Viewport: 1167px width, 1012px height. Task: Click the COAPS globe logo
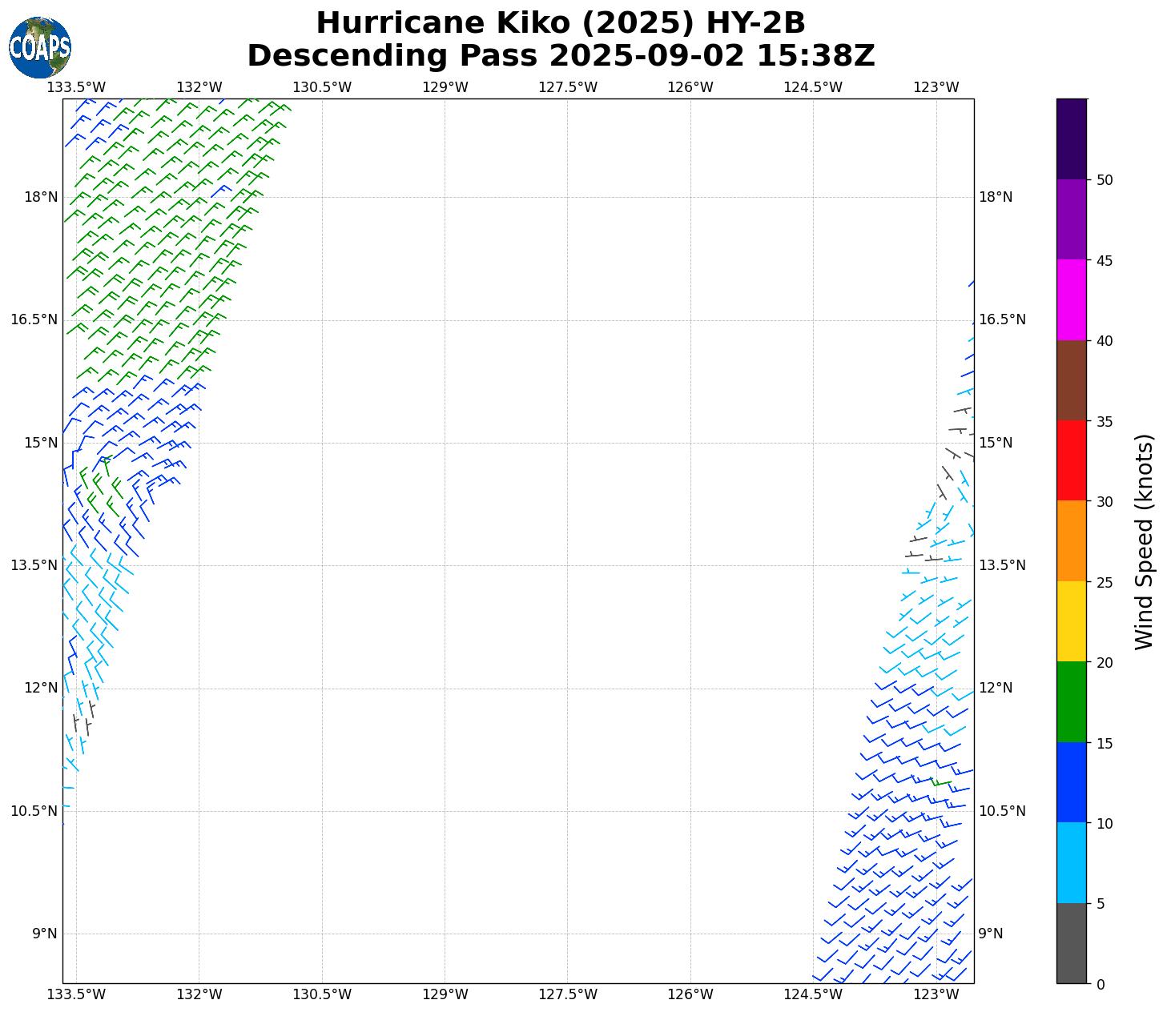click(x=40, y=47)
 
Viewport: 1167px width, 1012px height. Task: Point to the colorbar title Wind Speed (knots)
click(x=1145, y=542)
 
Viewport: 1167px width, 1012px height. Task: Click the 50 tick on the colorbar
click(x=1105, y=180)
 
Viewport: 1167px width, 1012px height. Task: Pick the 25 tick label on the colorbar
click(x=1105, y=582)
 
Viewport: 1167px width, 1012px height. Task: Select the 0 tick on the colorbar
click(x=1100, y=984)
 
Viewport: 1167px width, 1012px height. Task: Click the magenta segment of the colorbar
click(x=1072, y=300)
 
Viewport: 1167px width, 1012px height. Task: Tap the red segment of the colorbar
click(x=1072, y=460)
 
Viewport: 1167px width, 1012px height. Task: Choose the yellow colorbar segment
click(x=1072, y=621)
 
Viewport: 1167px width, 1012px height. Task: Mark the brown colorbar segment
click(x=1072, y=380)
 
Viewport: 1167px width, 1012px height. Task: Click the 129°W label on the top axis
click(x=445, y=87)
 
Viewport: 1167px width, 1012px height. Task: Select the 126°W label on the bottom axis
click(x=690, y=994)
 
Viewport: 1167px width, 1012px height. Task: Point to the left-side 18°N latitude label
click(x=41, y=197)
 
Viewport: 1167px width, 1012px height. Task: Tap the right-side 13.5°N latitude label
click(x=1002, y=565)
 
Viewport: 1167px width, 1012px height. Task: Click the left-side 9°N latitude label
click(x=45, y=934)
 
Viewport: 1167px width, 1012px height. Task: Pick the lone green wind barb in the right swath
click(x=941, y=782)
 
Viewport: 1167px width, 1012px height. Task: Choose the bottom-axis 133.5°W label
click(x=77, y=994)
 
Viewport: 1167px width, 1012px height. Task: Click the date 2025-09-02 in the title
click(x=646, y=57)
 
